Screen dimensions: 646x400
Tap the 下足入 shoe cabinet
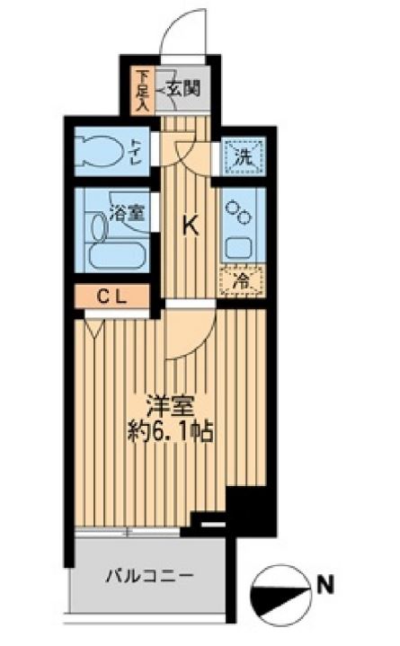pos(142,90)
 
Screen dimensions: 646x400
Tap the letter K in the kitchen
pos(191,226)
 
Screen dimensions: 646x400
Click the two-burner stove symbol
pos(241,211)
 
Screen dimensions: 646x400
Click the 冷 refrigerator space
pos(242,282)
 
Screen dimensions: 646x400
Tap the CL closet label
pos(112,295)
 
